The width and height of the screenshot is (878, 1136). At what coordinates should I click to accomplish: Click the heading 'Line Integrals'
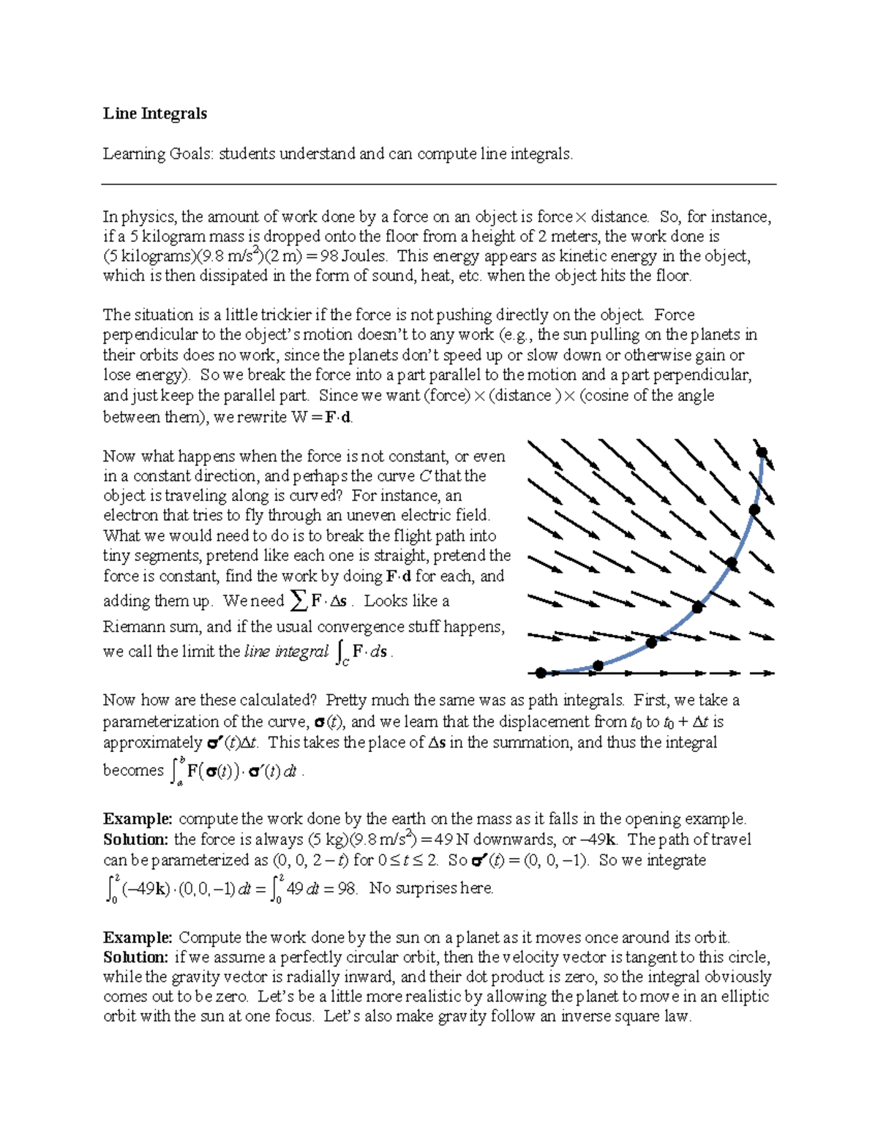point(154,113)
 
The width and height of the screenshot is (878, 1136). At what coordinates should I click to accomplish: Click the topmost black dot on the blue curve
point(761,452)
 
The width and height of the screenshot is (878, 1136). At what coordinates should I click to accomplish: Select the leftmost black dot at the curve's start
point(541,673)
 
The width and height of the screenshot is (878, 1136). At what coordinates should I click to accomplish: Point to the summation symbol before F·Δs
point(298,601)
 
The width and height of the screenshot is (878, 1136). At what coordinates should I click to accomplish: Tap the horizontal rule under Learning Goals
point(439,184)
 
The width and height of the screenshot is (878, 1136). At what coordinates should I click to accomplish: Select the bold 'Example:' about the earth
point(138,819)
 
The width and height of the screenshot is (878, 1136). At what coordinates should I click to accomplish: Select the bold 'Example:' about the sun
point(138,937)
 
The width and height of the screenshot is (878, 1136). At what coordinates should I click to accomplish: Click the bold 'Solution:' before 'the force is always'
point(136,839)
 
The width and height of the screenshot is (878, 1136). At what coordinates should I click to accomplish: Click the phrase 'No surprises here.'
point(432,889)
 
